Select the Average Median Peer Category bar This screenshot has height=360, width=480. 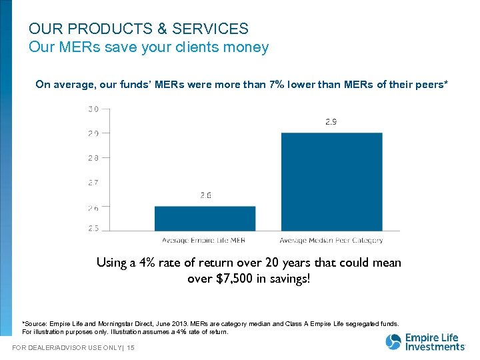click(x=331, y=181)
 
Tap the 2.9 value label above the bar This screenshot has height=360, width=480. click(x=331, y=122)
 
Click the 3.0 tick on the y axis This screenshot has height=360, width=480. click(x=93, y=109)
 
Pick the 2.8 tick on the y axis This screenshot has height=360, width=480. click(x=93, y=158)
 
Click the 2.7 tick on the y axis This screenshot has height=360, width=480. click(x=93, y=182)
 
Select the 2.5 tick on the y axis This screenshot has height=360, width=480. click(x=93, y=229)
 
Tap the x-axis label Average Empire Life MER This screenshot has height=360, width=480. click(x=204, y=241)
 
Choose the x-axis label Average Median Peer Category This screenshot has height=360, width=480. click(x=331, y=241)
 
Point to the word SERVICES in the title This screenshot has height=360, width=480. click(x=210, y=29)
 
